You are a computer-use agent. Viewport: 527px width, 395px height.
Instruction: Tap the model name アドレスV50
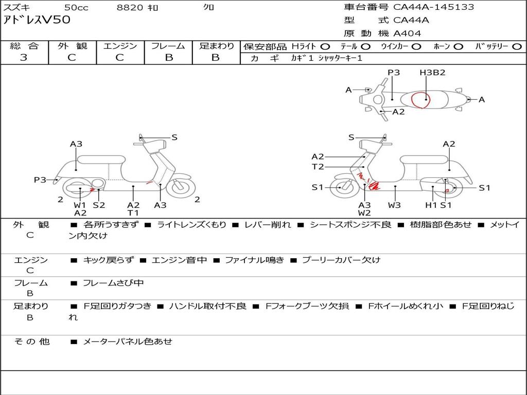(x=37, y=21)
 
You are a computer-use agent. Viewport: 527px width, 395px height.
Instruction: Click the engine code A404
(x=407, y=33)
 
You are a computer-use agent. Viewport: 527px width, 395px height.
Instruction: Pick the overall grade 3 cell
(x=24, y=58)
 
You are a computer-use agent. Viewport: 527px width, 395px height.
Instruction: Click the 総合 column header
(x=24, y=46)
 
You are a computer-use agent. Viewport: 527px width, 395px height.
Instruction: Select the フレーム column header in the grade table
(x=168, y=46)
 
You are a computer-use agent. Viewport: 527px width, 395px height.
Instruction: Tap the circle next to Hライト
(x=325, y=47)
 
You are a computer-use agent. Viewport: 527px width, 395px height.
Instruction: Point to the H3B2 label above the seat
(x=432, y=73)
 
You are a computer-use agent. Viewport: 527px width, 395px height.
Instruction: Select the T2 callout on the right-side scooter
(x=318, y=167)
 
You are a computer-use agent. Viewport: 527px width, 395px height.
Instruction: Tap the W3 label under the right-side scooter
(x=395, y=205)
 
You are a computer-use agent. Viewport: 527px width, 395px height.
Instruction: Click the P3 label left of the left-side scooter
(x=40, y=179)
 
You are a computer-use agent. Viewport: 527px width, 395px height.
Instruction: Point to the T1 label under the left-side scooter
(x=133, y=213)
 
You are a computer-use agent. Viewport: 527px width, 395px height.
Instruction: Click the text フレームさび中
(x=113, y=283)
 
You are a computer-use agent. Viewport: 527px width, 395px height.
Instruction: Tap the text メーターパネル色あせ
(x=128, y=342)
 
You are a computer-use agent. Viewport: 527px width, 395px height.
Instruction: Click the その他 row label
(x=31, y=342)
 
